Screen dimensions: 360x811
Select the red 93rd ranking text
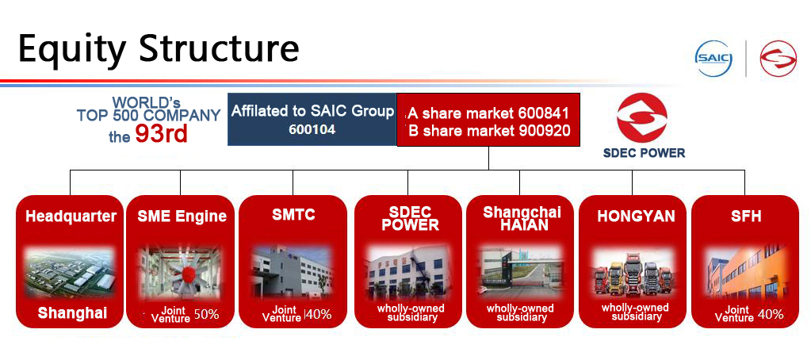pos(161,134)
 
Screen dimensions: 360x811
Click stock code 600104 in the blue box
pos(312,129)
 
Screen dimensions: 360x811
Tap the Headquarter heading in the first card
pos(71,216)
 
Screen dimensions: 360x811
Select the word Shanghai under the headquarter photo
pos(71,313)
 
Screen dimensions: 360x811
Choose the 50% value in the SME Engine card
pos(206,314)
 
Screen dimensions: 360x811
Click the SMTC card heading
pos(293,215)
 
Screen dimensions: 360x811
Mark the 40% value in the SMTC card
pos(319,314)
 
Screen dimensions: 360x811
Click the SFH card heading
pos(745,216)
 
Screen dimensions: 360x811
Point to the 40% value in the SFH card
pos(770,314)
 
